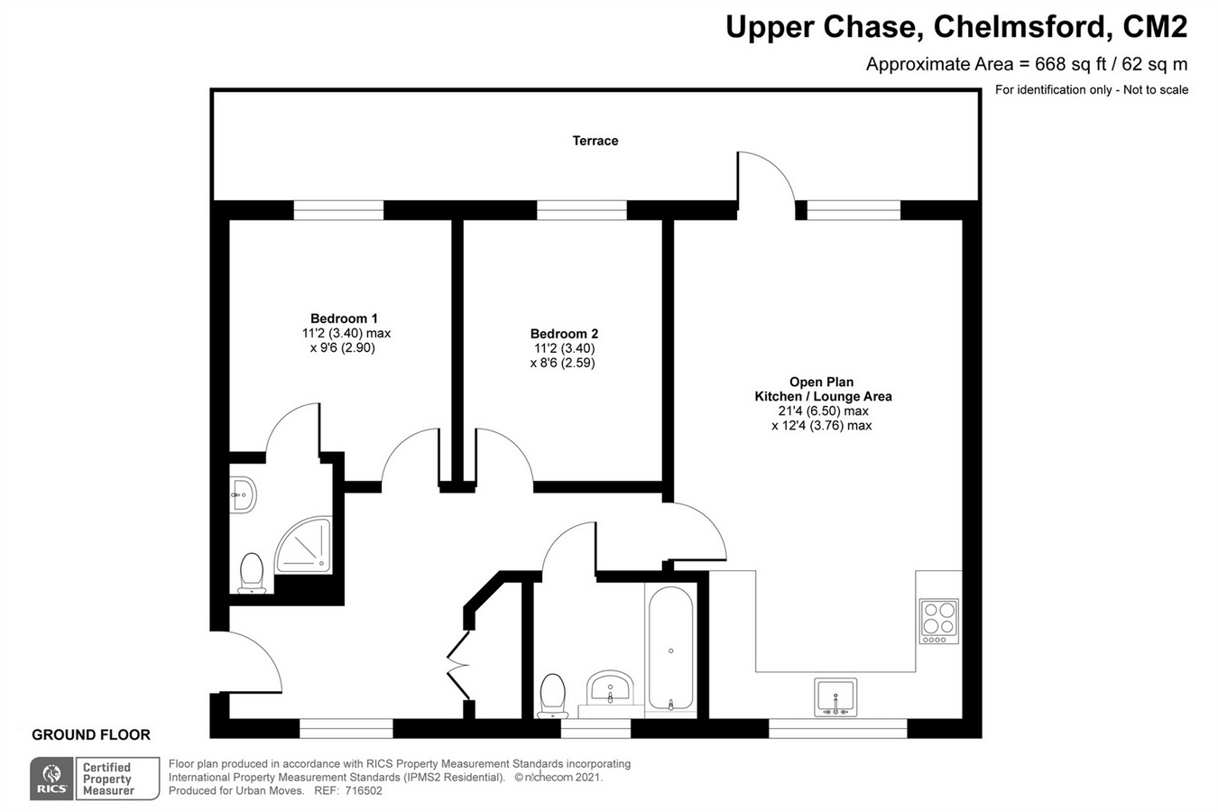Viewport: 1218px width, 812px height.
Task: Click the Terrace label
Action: point(595,141)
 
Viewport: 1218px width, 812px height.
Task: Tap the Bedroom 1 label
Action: point(344,318)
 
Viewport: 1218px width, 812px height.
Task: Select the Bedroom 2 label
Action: point(564,334)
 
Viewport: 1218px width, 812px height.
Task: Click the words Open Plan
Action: point(821,382)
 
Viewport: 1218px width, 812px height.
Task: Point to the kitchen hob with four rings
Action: point(938,621)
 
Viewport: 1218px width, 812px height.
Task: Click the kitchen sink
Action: point(835,697)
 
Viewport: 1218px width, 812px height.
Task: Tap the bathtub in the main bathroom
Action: point(670,650)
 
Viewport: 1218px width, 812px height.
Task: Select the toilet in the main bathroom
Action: point(552,696)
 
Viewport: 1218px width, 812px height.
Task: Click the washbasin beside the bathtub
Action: point(611,690)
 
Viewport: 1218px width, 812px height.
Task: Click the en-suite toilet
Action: point(252,573)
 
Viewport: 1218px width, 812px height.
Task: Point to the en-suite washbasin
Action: point(242,494)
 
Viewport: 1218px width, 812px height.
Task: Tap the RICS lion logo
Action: point(51,779)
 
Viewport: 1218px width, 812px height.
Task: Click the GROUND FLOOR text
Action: point(91,734)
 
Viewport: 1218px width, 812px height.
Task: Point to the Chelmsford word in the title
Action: point(1020,27)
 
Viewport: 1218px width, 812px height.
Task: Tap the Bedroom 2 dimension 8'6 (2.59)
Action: point(562,363)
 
